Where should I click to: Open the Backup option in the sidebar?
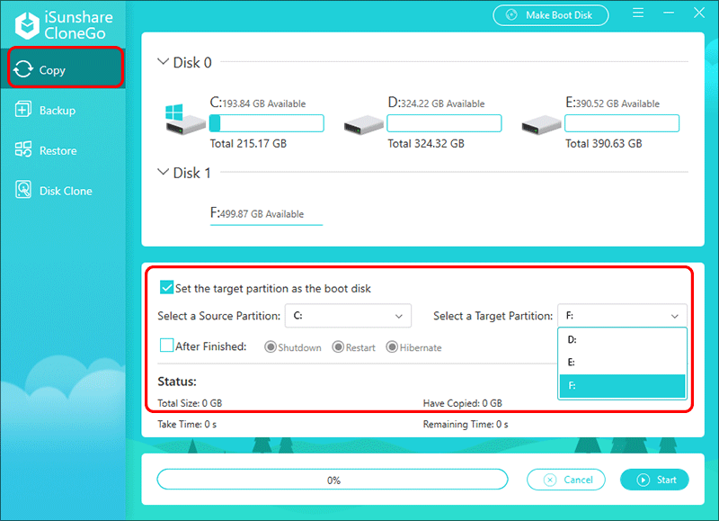(x=57, y=110)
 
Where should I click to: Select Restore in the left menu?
(x=58, y=150)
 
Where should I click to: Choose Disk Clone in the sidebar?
(x=65, y=191)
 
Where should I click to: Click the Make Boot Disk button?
(x=550, y=15)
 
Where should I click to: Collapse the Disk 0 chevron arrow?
(x=163, y=63)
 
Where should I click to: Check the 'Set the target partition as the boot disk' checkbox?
(x=166, y=288)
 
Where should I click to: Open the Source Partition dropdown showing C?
(x=348, y=316)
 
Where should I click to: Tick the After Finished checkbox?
(x=166, y=346)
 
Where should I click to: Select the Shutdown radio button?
(x=270, y=347)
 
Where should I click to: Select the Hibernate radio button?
(x=392, y=347)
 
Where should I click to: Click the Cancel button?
(x=566, y=480)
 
